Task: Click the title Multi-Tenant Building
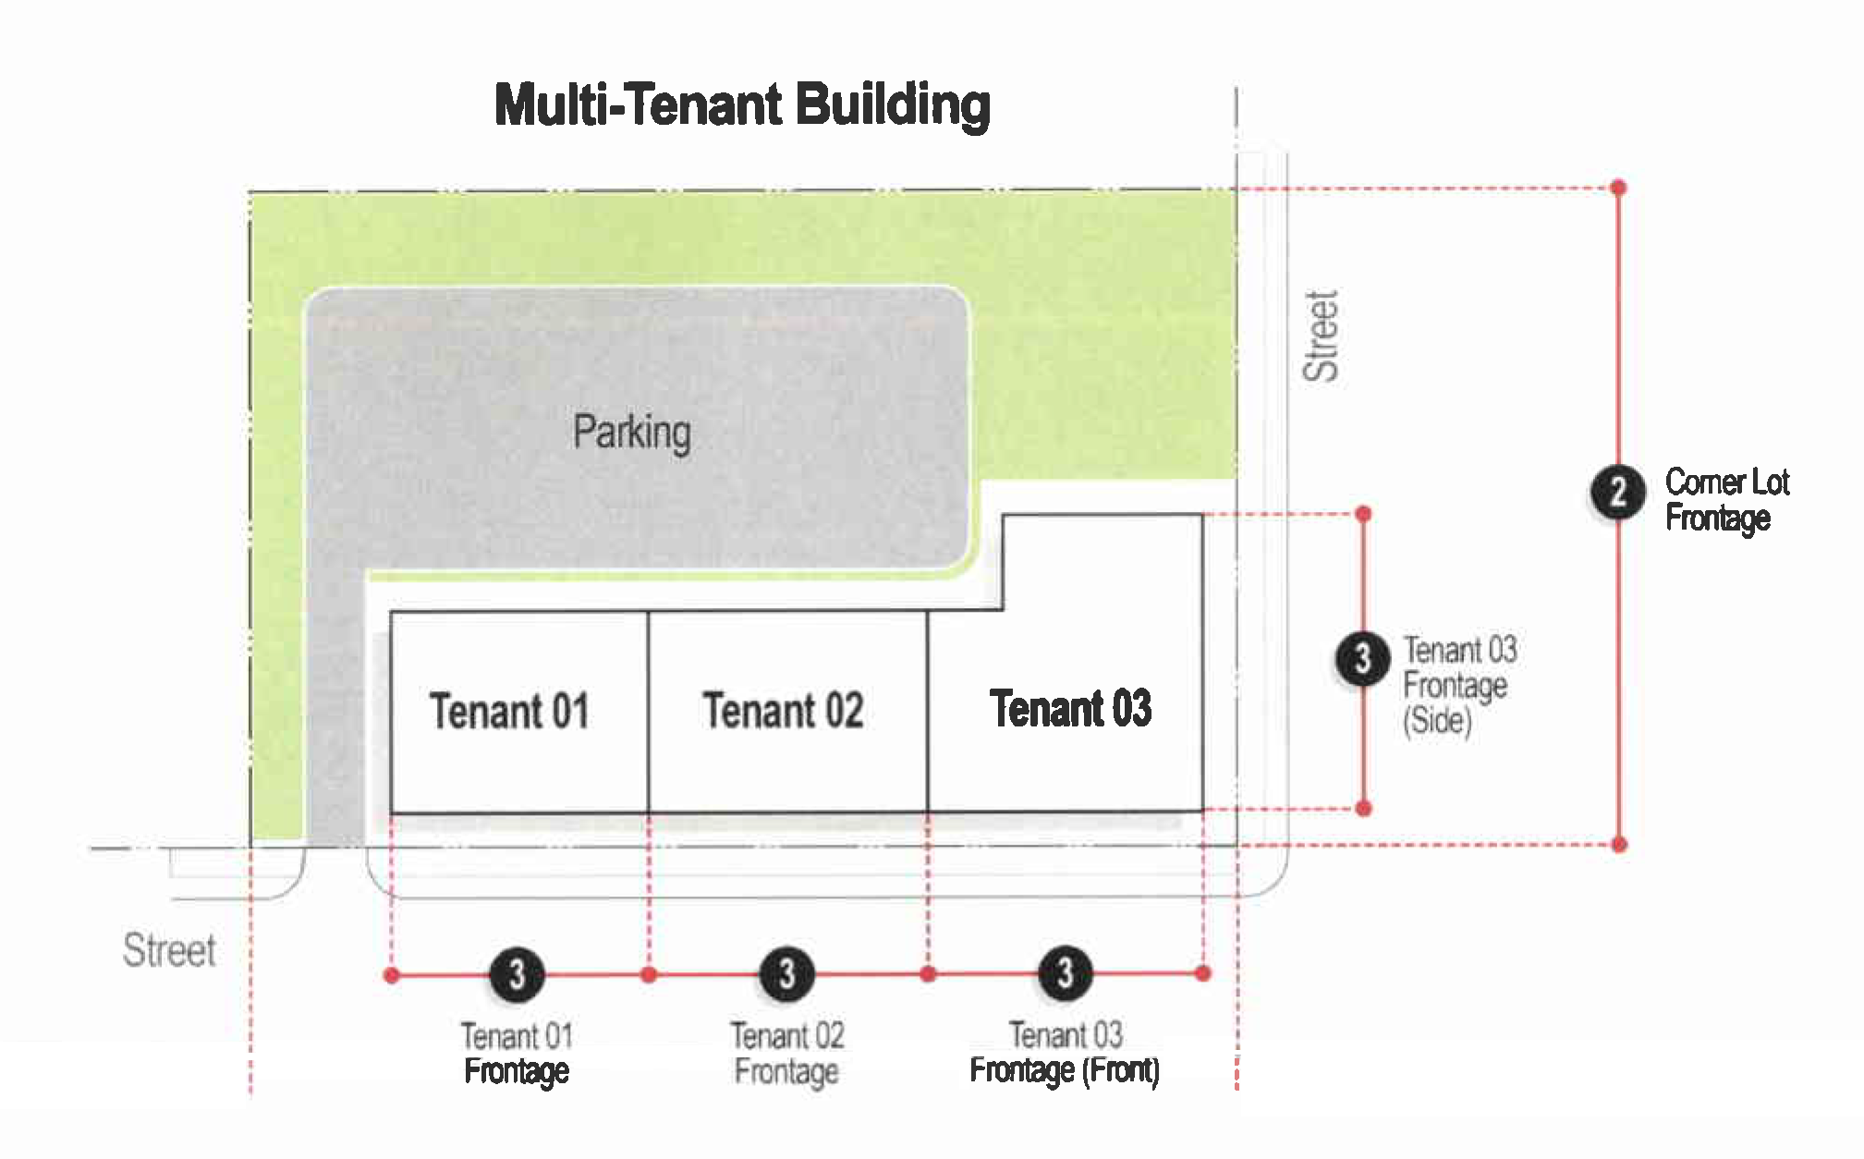pos(742,104)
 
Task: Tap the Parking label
pos(631,433)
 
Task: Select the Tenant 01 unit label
pos(509,712)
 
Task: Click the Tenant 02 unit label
pos(783,711)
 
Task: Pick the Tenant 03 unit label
pos(1070,709)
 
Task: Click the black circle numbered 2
pos(1617,492)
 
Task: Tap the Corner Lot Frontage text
pos(1726,500)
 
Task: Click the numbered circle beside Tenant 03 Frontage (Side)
pos(1361,659)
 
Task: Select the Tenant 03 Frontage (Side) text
pos(1459,685)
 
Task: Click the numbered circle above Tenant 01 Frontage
pos(517,974)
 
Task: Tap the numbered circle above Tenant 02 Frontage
pos(786,973)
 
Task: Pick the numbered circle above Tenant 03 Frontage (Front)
pos(1066,972)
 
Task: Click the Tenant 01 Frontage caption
pos(517,1054)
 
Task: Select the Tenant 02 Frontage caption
pos(786,1054)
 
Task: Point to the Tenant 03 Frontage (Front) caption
pos(1065,1053)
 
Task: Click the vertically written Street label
pos(1321,335)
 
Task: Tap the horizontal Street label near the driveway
pos(169,951)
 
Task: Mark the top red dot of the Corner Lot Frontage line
pos(1618,188)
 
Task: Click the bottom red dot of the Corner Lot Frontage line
pos(1619,844)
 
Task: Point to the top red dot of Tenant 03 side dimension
pos(1363,514)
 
